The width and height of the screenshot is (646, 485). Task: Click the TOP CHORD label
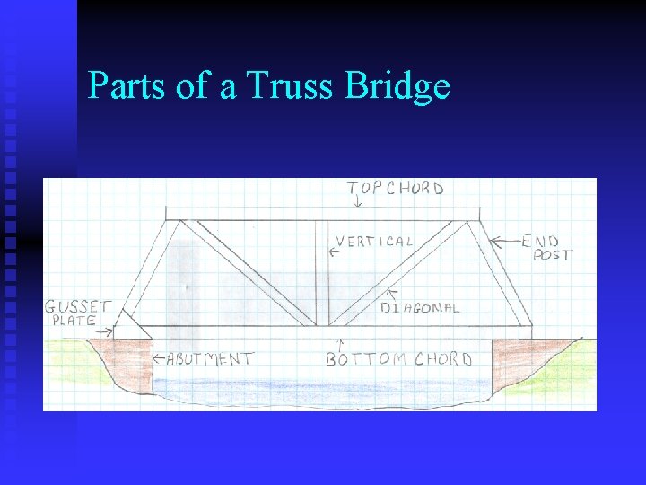point(396,189)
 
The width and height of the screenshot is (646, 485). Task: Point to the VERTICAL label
point(374,242)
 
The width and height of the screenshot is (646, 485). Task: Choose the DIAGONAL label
point(420,308)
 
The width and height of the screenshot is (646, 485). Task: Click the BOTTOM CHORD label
point(398,359)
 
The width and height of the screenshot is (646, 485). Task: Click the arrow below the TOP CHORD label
point(358,203)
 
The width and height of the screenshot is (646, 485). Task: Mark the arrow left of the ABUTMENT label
point(158,358)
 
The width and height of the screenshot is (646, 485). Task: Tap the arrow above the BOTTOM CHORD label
point(339,343)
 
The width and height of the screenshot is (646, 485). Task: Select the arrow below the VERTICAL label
point(334,254)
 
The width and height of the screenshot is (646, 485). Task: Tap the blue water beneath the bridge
point(323,388)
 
